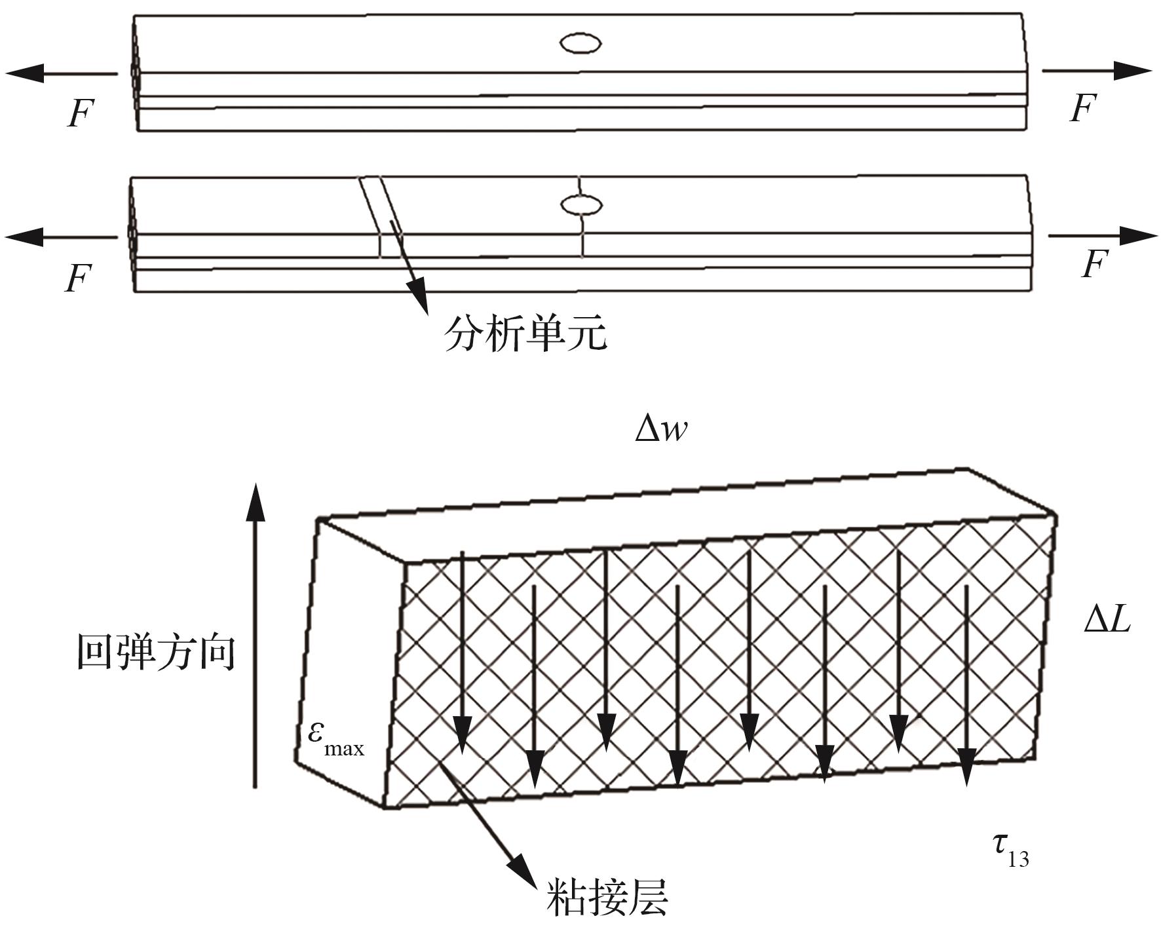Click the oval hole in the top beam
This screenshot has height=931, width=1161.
(580, 44)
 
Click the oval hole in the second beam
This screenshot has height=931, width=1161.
(580, 205)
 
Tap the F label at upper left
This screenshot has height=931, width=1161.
(81, 113)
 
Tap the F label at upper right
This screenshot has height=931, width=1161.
(1082, 108)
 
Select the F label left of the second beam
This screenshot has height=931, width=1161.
(78, 278)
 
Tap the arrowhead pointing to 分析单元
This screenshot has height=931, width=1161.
(417, 295)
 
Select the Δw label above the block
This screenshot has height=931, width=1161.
(661, 430)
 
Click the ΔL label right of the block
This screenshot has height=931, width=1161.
(1107, 618)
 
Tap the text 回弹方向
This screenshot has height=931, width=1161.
(155, 652)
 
